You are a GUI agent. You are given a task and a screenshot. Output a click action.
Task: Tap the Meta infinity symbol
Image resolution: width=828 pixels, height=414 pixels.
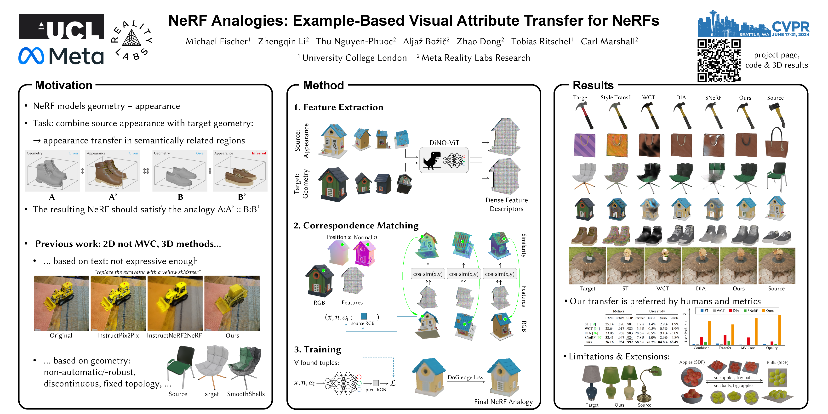tap(31, 56)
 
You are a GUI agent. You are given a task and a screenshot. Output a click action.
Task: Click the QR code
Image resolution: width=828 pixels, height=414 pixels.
tap(719, 60)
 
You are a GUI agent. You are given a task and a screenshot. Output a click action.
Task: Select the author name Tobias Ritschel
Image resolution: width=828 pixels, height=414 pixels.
tap(542, 41)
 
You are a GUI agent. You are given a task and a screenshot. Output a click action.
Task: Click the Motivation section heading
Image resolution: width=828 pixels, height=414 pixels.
tap(64, 85)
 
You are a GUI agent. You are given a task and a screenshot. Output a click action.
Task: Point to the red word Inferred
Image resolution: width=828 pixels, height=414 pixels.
tap(259, 153)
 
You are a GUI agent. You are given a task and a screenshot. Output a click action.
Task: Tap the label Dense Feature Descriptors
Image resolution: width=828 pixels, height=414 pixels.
tap(506, 204)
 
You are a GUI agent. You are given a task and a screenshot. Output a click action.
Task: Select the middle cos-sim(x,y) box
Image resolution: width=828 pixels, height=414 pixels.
tap(463, 274)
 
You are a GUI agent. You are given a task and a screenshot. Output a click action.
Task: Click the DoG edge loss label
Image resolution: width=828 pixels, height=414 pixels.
tap(465, 377)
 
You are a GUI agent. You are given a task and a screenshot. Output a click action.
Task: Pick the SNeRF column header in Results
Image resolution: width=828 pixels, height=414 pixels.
tap(713, 98)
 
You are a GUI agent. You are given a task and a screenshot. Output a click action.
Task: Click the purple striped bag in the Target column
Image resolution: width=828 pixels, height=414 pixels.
tap(584, 145)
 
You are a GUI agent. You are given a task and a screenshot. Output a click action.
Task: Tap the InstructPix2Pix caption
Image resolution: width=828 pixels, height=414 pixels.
tap(118, 335)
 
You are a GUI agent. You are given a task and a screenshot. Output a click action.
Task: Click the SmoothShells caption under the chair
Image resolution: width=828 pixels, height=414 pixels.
tap(246, 394)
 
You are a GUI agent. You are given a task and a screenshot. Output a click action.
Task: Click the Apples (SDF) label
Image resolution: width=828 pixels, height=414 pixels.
tap(692, 362)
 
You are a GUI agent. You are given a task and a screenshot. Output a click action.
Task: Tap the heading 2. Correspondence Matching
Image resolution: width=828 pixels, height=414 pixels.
tap(356, 226)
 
